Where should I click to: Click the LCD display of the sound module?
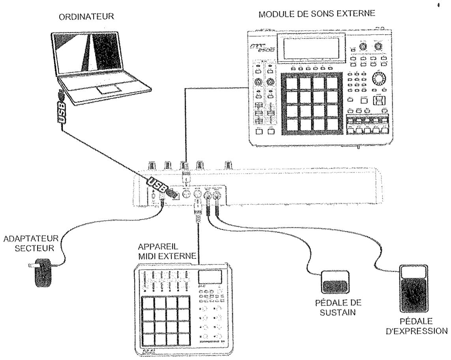pyautogui.click(x=311, y=48)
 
